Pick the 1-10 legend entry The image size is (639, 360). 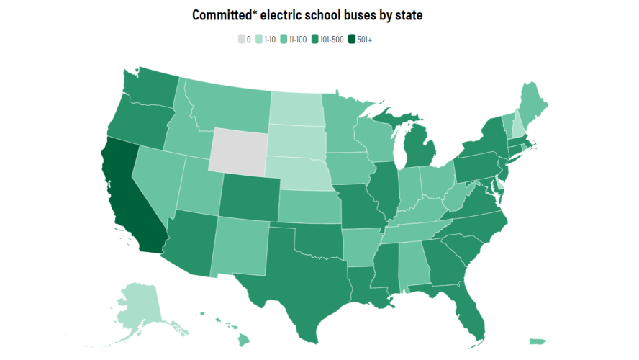(x=266, y=40)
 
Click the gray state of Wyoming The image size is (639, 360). (x=238, y=150)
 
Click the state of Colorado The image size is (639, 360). (x=248, y=195)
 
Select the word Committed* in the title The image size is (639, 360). (x=219, y=15)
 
